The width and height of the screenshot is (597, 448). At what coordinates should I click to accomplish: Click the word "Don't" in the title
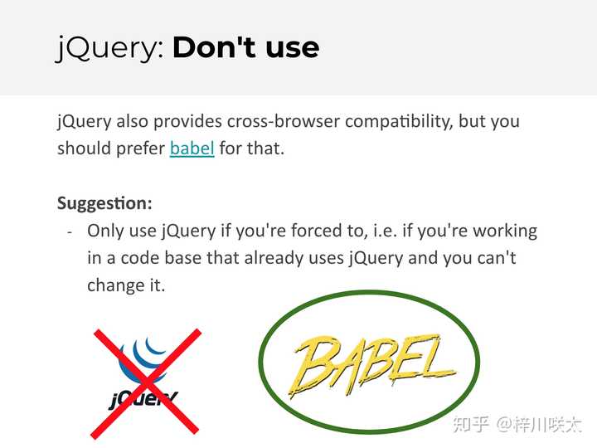216,47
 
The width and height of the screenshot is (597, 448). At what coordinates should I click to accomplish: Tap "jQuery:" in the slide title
110,49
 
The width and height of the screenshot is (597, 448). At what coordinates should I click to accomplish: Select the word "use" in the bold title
293,49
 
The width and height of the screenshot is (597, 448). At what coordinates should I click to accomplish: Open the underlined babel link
192,148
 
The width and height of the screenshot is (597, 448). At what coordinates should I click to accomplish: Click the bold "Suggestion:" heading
104,203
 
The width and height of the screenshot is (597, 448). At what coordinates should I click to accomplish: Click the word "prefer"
140,149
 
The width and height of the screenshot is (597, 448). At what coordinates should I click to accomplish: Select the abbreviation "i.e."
385,231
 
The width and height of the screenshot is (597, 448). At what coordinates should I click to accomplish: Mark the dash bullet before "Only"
70,231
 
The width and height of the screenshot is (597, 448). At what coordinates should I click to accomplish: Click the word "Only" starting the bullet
104,231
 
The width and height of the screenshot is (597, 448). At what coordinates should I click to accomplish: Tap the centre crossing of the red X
146,382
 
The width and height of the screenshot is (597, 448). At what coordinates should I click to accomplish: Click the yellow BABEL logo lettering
371,365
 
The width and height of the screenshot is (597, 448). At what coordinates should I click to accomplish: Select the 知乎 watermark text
471,424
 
